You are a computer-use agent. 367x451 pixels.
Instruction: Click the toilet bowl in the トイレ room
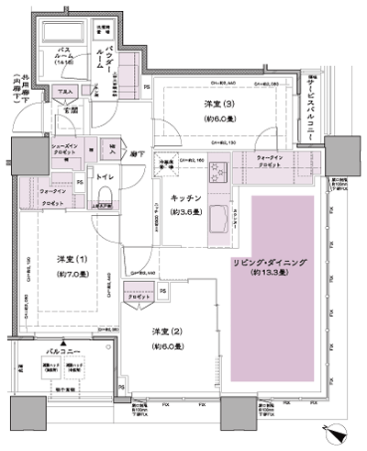tap(105, 188)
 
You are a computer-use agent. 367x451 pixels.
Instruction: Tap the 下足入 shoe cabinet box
tap(64, 93)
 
